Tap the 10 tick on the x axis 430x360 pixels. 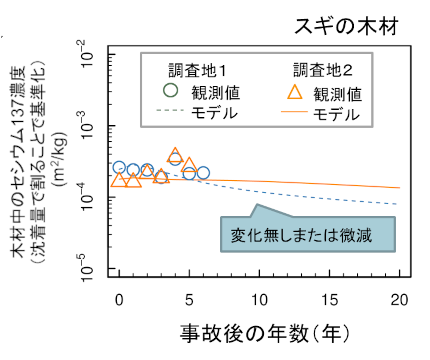(260, 300)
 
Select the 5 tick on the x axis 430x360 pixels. (189, 300)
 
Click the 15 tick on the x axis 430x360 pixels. (330, 300)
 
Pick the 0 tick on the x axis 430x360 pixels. (119, 300)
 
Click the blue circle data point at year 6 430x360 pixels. (203, 173)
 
